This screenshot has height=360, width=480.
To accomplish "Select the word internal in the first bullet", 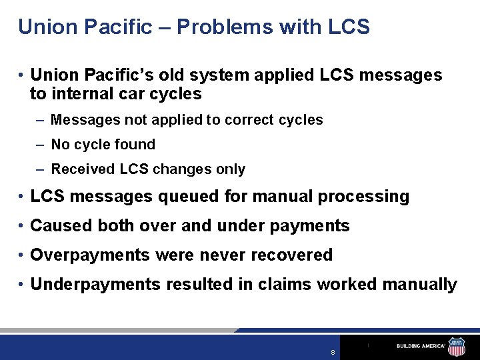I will click(x=83, y=94).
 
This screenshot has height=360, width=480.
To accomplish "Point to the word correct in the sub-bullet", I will click(x=249, y=120).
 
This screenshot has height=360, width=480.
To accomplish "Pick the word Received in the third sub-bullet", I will click(x=83, y=169).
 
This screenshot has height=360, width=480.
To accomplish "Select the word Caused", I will click(x=61, y=226).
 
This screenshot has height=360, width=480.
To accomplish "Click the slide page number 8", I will click(x=332, y=352).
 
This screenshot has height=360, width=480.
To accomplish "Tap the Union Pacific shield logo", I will click(x=457, y=345).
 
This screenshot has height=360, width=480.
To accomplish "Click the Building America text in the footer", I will click(x=421, y=346).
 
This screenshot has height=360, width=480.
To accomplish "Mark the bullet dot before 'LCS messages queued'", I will click(x=23, y=197).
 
